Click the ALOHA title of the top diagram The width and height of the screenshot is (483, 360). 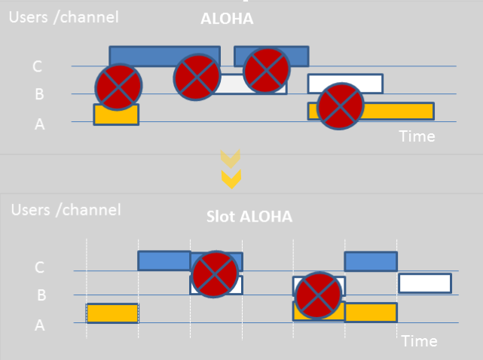[226, 20]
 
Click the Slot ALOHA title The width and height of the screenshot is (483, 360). [249, 216]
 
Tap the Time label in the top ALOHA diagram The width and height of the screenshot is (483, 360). [417, 136]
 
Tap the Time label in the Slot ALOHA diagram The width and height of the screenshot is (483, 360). [419, 341]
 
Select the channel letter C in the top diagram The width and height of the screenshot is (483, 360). [37, 67]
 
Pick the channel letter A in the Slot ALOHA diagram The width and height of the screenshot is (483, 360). [39, 325]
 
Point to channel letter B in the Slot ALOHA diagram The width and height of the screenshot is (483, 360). [41, 295]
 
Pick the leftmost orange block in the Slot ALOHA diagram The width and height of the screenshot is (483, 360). [112, 313]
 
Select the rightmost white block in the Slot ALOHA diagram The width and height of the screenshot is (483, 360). [425, 283]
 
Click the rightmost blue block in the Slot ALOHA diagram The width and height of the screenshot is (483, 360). [371, 261]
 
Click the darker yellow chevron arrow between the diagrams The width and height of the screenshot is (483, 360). [231, 178]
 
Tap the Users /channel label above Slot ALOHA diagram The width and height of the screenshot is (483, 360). [66, 209]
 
